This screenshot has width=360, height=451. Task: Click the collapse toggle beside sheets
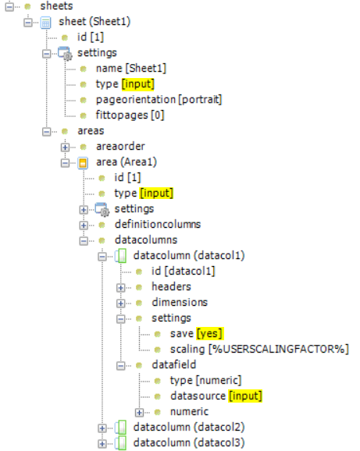tap(9, 6)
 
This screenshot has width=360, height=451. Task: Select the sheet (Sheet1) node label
tap(94, 22)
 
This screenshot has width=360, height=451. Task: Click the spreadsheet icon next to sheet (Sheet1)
tap(46, 23)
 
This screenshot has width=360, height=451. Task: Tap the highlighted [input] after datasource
tap(245, 396)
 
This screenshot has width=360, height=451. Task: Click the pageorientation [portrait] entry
tap(159, 100)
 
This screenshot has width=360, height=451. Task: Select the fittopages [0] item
tap(130, 115)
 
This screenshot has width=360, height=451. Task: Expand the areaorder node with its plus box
tap(65, 147)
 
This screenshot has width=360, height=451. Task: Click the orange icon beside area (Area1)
tap(83, 163)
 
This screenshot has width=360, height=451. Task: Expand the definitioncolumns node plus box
tap(84, 225)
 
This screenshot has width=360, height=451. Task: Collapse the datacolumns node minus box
tap(84, 241)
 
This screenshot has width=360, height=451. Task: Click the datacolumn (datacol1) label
tap(189, 255)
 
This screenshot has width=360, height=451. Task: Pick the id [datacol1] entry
tap(184, 271)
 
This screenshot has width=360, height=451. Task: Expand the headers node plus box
tap(120, 288)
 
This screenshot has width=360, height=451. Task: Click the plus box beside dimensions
tap(120, 304)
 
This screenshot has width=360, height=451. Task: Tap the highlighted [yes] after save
tap(210, 334)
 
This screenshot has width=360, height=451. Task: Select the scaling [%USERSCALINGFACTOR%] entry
tap(259, 350)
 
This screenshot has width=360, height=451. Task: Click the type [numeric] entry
tap(205, 381)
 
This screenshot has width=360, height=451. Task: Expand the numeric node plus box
tap(139, 413)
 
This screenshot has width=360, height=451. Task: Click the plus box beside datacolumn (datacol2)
tap(102, 428)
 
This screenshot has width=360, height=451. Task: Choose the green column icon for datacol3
tap(121, 443)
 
